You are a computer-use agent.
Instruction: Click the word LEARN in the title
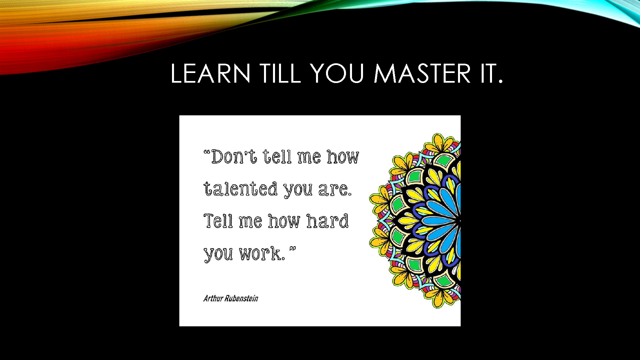click(210, 73)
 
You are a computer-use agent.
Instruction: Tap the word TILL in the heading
click(281, 73)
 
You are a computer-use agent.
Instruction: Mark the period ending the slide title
click(500, 81)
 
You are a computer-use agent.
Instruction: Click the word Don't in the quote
click(234, 156)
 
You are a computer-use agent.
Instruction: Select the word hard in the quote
click(327, 221)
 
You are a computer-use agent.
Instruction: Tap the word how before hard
click(284, 221)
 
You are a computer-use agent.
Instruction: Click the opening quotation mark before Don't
click(207, 153)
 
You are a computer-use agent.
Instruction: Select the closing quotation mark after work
click(292, 249)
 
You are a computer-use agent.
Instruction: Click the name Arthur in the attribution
click(213, 298)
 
